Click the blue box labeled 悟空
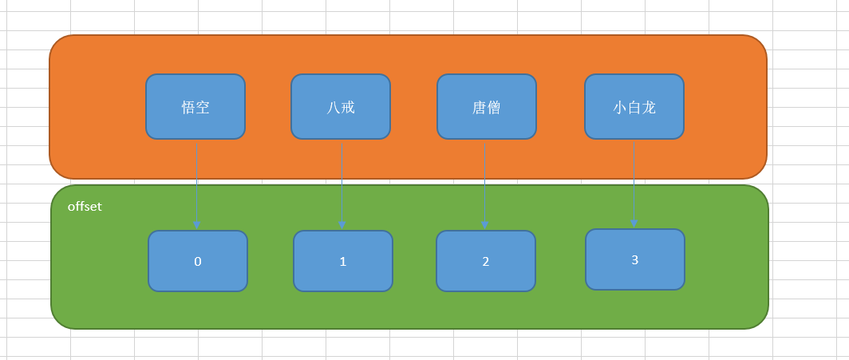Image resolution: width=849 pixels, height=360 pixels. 195,106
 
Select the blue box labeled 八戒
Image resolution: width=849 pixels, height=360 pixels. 340,106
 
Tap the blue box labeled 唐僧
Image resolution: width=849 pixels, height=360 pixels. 486,106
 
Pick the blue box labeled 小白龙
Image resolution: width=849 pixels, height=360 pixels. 634,106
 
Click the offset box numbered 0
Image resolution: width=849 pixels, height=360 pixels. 197,261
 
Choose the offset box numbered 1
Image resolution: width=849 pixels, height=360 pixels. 342,261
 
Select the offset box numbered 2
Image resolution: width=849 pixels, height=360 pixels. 485,261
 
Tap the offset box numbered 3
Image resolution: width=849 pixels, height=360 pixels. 634,259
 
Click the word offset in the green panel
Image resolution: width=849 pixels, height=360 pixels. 85,207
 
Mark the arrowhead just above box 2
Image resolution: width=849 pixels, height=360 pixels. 484,226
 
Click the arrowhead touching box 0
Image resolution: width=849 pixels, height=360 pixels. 196,225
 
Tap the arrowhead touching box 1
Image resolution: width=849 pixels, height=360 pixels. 342,225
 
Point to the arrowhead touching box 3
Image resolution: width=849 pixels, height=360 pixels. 634,224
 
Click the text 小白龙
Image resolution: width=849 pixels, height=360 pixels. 634,107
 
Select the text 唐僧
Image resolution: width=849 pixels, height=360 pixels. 486,107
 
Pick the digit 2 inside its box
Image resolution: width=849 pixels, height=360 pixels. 485,261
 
